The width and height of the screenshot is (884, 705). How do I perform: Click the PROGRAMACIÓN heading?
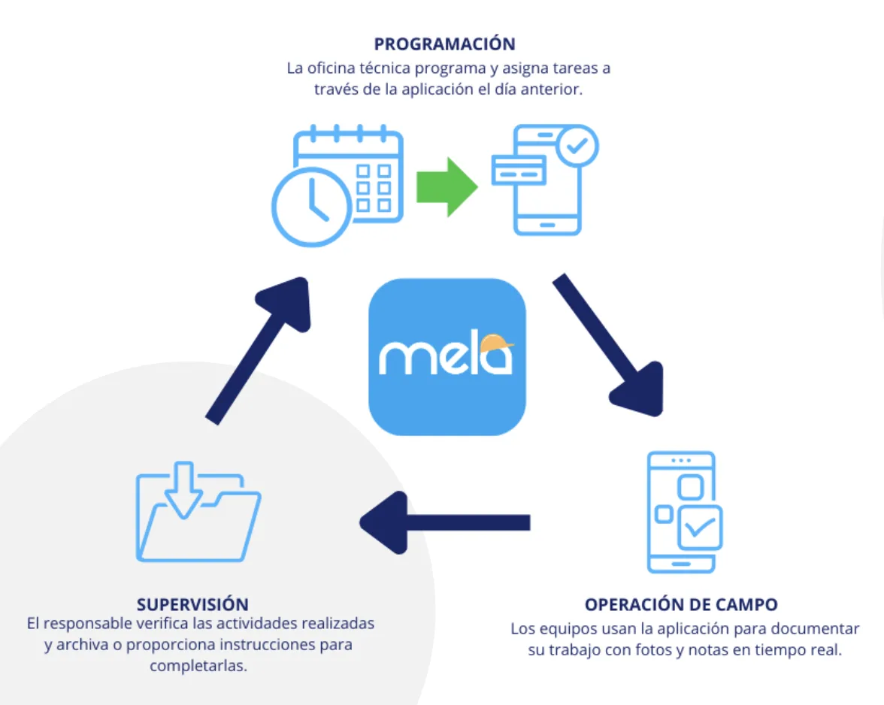(x=444, y=44)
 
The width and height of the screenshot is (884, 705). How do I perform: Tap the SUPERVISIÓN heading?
(x=192, y=604)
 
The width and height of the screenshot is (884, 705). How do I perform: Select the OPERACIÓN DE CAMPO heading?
(x=681, y=604)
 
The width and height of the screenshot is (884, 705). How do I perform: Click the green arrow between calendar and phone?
(x=447, y=187)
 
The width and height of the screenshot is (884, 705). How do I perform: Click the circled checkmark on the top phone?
(x=577, y=146)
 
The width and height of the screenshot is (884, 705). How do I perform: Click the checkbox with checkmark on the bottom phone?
(x=700, y=528)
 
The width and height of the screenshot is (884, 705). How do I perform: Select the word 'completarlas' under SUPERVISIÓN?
(x=197, y=666)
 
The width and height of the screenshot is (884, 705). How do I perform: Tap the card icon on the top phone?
(x=518, y=170)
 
